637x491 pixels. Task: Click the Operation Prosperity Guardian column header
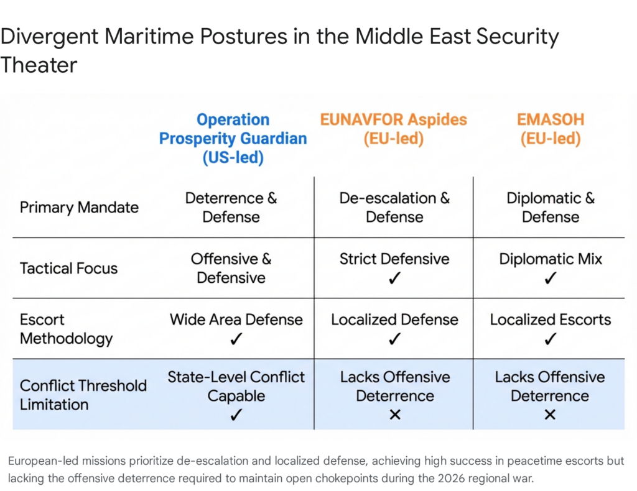click(233, 138)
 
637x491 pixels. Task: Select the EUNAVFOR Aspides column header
click(393, 129)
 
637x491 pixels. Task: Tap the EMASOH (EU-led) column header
click(550, 129)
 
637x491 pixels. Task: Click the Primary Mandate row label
click(79, 207)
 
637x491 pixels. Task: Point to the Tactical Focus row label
click(68, 268)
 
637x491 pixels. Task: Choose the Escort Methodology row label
click(66, 329)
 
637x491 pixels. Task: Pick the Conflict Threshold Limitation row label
click(83, 395)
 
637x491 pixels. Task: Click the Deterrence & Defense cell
click(231, 208)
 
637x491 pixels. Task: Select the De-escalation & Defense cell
click(394, 208)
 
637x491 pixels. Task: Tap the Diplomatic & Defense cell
click(550, 208)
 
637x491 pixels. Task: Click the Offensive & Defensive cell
click(231, 268)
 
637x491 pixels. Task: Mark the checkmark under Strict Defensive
click(394, 278)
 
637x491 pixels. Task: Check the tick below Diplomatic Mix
click(550, 278)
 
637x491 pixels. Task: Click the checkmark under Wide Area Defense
click(236, 339)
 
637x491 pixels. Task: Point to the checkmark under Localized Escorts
click(550, 339)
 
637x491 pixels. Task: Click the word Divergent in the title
click(48, 37)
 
